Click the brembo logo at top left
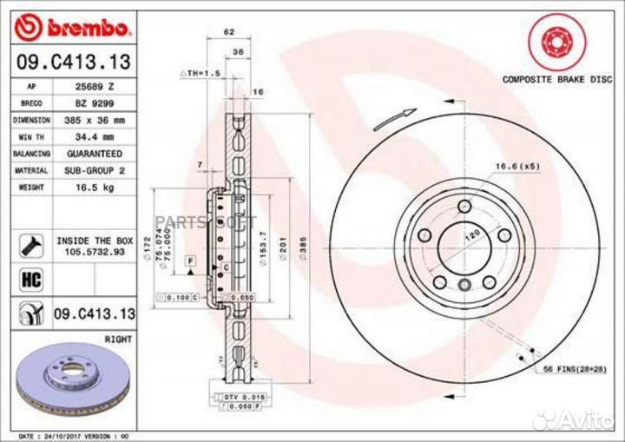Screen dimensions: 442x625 pyautogui.click(x=74, y=28)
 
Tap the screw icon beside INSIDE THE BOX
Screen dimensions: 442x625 pyautogui.click(x=29, y=243)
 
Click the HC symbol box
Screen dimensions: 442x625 pyautogui.click(x=29, y=280)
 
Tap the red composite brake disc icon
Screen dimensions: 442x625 pyautogui.click(x=551, y=41)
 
